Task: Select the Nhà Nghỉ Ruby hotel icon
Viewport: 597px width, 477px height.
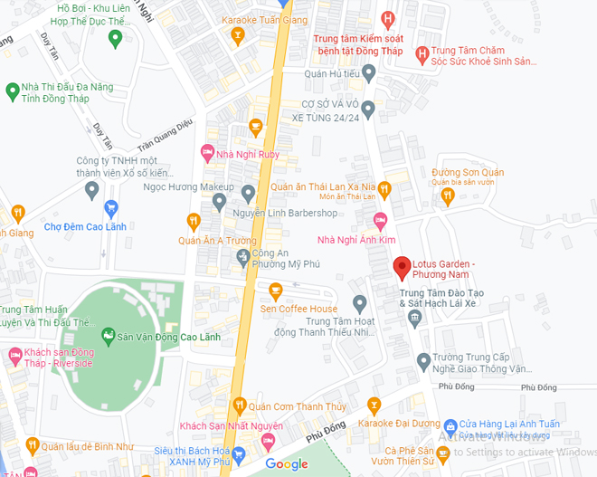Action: tap(207, 154)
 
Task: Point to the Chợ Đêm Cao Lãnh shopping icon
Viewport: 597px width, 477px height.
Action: tap(111, 208)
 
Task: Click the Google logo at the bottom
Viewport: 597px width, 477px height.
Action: tap(287, 464)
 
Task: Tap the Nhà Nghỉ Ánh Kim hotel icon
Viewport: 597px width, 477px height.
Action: tap(381, 220)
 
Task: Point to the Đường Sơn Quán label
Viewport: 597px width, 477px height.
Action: tap(468, 172)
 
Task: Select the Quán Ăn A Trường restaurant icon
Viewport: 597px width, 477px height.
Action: tap(193, 221)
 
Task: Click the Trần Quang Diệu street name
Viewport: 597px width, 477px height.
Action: tap(165, 136)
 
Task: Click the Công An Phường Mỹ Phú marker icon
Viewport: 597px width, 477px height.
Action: tap(242, 258)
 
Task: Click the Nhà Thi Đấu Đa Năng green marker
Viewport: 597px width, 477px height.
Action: tap(13, 91)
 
